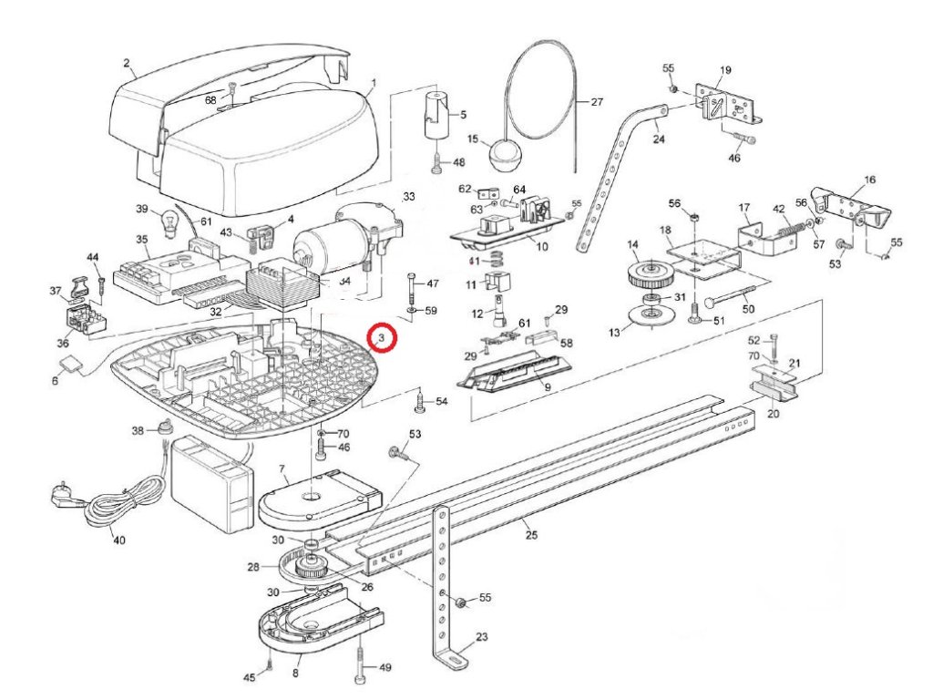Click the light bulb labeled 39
click(167, 219)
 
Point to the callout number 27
click(597, 102)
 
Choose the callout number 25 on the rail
click(532, 535)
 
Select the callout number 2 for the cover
click(128, 64)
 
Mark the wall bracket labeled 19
click(726, 106)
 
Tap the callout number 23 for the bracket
click(482, 636)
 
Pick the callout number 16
click(869, 180)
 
